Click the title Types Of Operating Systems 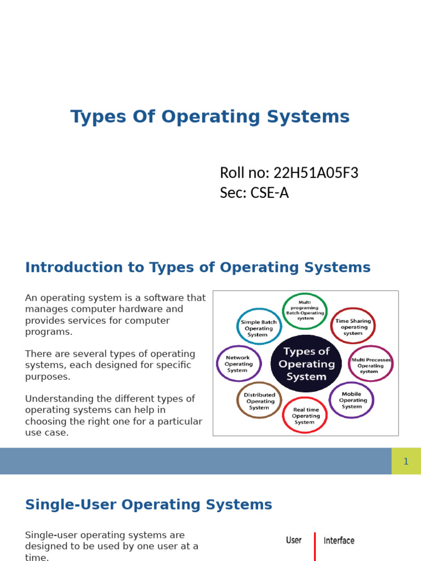point(210,117)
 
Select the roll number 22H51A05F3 point(316,173)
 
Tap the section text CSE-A point(270,193)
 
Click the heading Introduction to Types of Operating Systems point(198,268)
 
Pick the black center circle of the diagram point(306,364)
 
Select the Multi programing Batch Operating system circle point(305,311)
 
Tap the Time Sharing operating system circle point(352,327)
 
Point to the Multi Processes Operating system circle point(371,364)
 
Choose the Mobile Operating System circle point(351,400)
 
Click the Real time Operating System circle point(305,415)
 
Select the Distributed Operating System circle point(259,401)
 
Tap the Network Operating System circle point(238,364)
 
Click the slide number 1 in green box point(406,461)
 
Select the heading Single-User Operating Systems point(149,505)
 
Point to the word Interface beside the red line point(339,541)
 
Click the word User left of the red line point(294,541)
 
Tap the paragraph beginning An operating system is point(115,315)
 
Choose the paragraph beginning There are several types point(110,365)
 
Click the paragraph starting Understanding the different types point(113,416)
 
